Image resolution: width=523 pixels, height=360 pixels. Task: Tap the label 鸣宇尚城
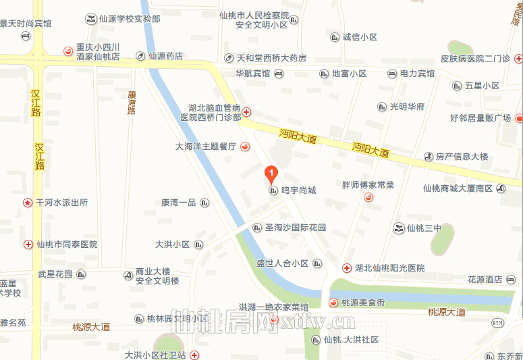(x=298, y=191)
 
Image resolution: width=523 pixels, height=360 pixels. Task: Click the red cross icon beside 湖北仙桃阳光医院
(x=347, y=268)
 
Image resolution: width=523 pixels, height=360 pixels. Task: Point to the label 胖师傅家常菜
(x=368, y=184)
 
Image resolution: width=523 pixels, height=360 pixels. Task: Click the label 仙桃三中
(x=424, y=228)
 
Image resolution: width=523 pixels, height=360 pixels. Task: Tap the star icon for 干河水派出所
(x=28, y=202)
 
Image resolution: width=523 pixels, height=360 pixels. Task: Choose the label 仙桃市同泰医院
(x=67, y=245)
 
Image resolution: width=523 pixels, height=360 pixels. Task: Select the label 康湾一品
(x=178, y=203)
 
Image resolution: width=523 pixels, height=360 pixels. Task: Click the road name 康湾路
(x=132, y=101)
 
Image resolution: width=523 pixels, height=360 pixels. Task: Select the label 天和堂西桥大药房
(x=271, y=58)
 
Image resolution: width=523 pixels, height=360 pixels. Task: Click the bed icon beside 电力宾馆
(x=391, y=73)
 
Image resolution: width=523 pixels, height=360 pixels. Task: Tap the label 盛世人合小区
(x=282, y=263)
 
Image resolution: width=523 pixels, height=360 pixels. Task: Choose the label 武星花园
(x=55, y=274)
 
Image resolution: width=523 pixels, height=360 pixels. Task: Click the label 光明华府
(x=407, y=107)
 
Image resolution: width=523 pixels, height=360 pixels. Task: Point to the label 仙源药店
(x=165, y=56)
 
